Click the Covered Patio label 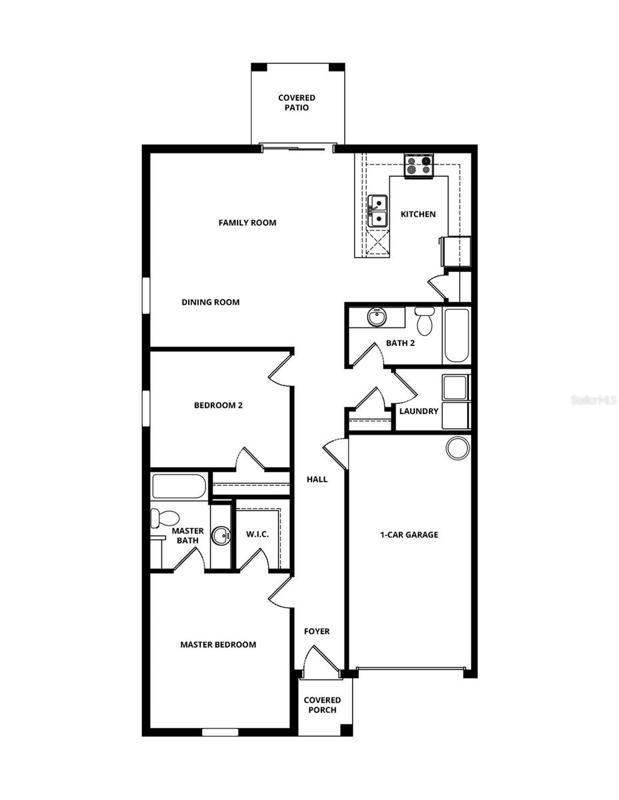click(297, 103)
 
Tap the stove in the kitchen click(419, 165)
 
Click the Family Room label click(247, 223)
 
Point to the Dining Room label click(210, 302)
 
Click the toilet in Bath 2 click(424, 321)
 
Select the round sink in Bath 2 click(377, 317)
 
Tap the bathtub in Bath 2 click(456, 335)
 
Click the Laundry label click(419, 411)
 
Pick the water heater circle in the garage click(458, 447)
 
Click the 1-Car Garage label click(409, 534)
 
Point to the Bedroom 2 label click(218, 405)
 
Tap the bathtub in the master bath click(179, 486)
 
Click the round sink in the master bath click(221, 535)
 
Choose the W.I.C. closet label click(257, 534)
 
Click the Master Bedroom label click(218, 645)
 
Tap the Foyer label click(317, 631)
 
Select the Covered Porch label click(322, 705)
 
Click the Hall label click(317, 479)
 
